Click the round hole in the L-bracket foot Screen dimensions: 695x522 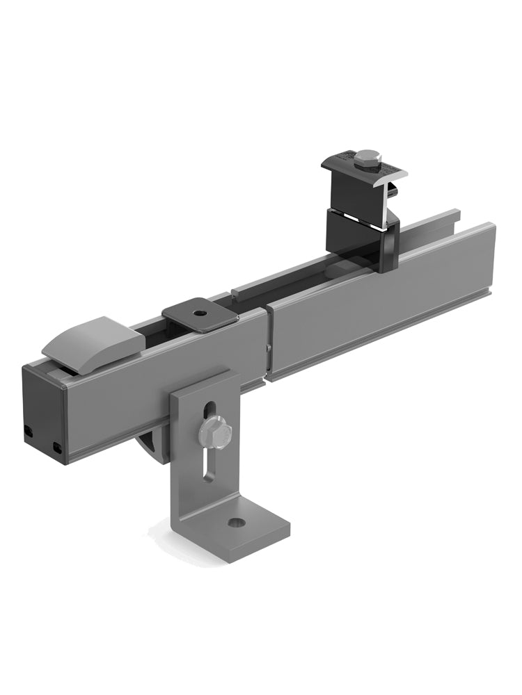tap(237, 522)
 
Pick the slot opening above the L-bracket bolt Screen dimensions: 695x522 tap(207, 411)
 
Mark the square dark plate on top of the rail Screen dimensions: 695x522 tap(200, 316)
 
